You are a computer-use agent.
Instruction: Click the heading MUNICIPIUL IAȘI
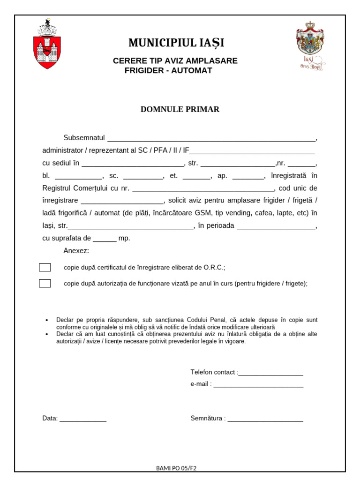[176, 43]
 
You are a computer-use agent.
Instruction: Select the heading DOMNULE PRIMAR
[180, 109]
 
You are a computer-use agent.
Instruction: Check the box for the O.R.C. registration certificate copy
[45, 268]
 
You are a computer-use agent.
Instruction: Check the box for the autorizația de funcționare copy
[45, 283]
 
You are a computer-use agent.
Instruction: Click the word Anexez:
[76, 251]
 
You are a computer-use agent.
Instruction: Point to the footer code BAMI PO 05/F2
[176, 468]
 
